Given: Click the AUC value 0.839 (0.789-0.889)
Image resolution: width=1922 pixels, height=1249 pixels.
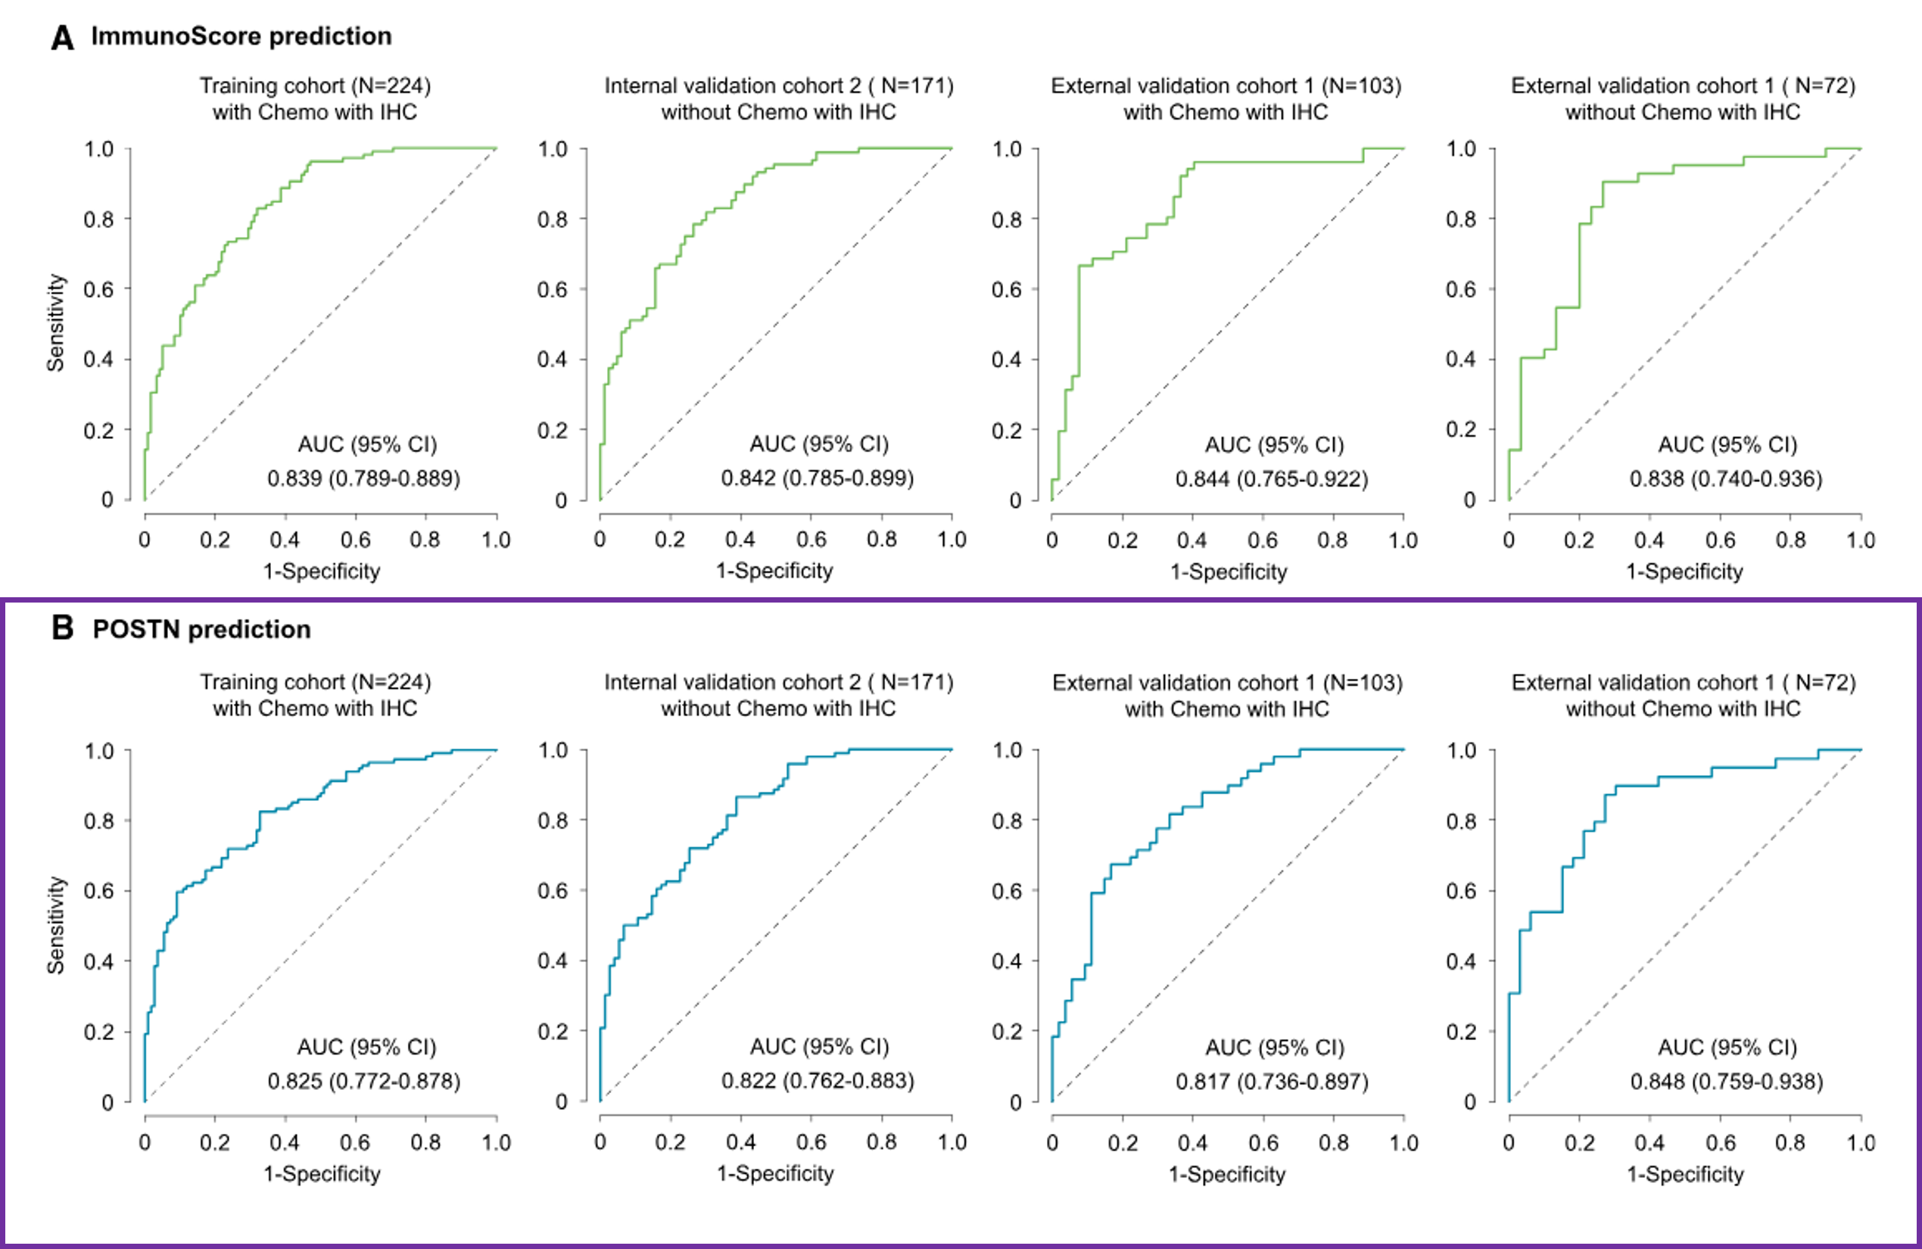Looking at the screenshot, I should pyautogui.click(x=363, y=478).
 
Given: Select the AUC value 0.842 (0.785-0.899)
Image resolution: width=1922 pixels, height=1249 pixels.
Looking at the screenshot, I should pyautogui.click(x=818, y=478).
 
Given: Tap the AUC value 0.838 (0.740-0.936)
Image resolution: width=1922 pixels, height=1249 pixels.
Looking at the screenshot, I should pyautogui.click(x=1726, y=478).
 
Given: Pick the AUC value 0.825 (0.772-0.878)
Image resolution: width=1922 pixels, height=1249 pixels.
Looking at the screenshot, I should pyautogui.click(x=363, y=1081).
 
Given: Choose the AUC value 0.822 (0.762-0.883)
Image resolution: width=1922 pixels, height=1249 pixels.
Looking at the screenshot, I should pyautogui.click(x=818, y=1080).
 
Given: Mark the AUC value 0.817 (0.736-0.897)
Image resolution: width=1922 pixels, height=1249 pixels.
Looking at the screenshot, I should pyautogui.click(x=1272, y=1082).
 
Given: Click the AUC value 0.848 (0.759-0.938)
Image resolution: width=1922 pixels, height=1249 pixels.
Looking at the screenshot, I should pyautogui.click(x=1727, y=1081).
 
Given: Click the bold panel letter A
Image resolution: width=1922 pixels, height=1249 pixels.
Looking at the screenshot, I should pyautogui.click(x=62, y=37).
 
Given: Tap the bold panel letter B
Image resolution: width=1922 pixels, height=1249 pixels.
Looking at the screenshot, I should pyautogui.click(x=62, y=628).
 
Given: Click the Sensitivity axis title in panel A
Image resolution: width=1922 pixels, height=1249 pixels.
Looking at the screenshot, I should pyautogui.click(x=55, y=323).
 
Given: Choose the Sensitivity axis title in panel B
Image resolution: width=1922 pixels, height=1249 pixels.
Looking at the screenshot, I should pyautogui.click(x=55, y=925).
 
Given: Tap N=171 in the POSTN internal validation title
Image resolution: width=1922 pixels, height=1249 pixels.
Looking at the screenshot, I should pyautogui.click(x=916, y=682).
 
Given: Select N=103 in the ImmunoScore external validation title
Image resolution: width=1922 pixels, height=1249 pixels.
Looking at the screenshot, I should pyautogui.click(x=1362, y=86).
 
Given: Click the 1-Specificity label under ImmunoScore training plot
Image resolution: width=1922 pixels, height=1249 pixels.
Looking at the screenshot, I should pyautogui.click(x=322, y=571).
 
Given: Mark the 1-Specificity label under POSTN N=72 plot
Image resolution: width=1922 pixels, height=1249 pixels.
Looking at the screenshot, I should pyautogui.click(x=1685, y=1174).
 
